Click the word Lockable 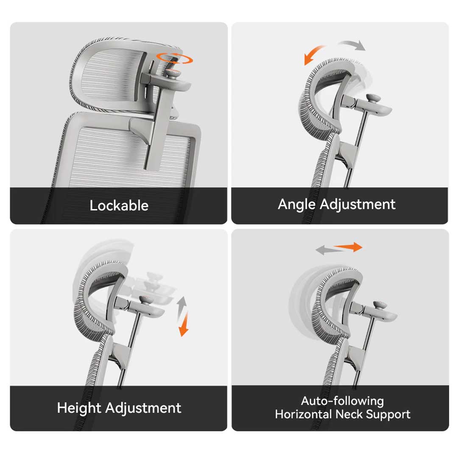click(119, 205)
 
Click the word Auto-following click(342, 401)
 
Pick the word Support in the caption click(388, 415)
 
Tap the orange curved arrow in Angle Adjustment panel click(313, 55)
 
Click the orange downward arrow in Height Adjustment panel click(184, 324)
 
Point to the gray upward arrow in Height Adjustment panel click(182, 307)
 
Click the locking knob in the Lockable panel click(173, 74)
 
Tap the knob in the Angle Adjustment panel click(373, 98)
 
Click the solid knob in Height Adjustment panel click(145, 300)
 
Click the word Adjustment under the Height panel click(143, 408)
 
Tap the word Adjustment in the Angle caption click(357, 204)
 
